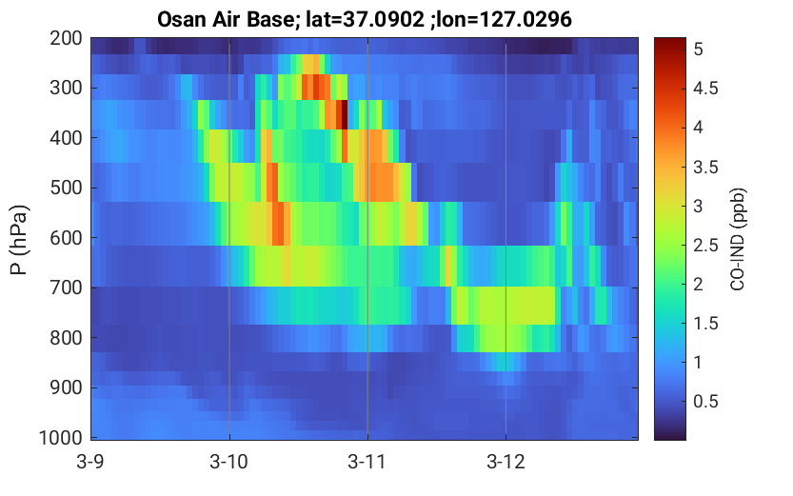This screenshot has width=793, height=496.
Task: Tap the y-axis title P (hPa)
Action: [x=19, y=240]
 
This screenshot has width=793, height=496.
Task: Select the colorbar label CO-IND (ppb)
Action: [x=738, y=240]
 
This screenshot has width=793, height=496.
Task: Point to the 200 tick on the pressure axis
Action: [x=67, y=38]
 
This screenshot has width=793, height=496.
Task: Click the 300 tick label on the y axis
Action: [x=67, y=88]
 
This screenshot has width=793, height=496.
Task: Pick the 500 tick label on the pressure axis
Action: [x=67, y=188]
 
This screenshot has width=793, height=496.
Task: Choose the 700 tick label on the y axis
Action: [x=67, y=288]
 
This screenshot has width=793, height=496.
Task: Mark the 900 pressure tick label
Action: [x=67, y=387]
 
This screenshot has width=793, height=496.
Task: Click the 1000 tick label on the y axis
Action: [x=61, y=437]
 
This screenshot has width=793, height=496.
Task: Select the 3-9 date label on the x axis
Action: [x=90, y=462]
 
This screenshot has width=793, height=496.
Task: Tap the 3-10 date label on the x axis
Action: [x=229, y=462]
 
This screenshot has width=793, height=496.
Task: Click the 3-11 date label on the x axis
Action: [x=367, y=462]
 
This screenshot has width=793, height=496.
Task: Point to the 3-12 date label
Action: [x=506, y=462]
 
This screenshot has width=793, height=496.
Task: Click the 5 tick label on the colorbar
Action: [x=699, y=50]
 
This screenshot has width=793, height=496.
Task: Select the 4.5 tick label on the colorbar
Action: [x=705, y=88]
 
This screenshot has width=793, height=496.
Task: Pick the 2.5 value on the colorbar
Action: [x=705, y=246]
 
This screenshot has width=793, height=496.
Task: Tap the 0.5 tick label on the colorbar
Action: [x=705, y=402]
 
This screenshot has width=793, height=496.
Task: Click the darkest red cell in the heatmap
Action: [x=343, y=115]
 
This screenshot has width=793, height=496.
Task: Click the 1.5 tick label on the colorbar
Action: [x=705, y=323]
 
